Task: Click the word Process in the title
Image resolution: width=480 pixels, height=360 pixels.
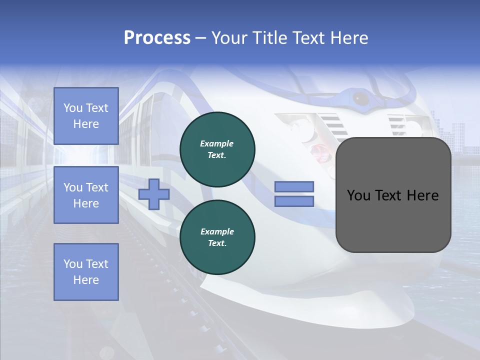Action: point(156,38)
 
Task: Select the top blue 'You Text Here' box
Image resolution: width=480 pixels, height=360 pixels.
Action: point(86,116)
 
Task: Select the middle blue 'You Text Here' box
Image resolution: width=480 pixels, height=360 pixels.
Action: point(86,195)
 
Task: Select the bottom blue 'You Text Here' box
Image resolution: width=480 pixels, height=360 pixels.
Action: point(86,272)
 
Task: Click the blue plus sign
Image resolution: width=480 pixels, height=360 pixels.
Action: point(154,194)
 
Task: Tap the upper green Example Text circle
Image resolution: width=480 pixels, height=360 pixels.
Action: point(217,149)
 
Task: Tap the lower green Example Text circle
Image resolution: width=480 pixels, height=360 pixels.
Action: point(217,237)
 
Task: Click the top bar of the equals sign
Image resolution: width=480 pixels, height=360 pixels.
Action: point(294,186)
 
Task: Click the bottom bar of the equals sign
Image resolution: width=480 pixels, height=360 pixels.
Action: point(294,201)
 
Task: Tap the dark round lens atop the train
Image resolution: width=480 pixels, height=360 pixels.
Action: point(359,98)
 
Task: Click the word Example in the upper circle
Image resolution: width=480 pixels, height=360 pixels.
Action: point(217,143)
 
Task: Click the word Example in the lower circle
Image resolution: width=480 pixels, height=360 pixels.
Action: point(217,231)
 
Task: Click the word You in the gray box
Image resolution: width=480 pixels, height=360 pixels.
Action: point(358,195)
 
